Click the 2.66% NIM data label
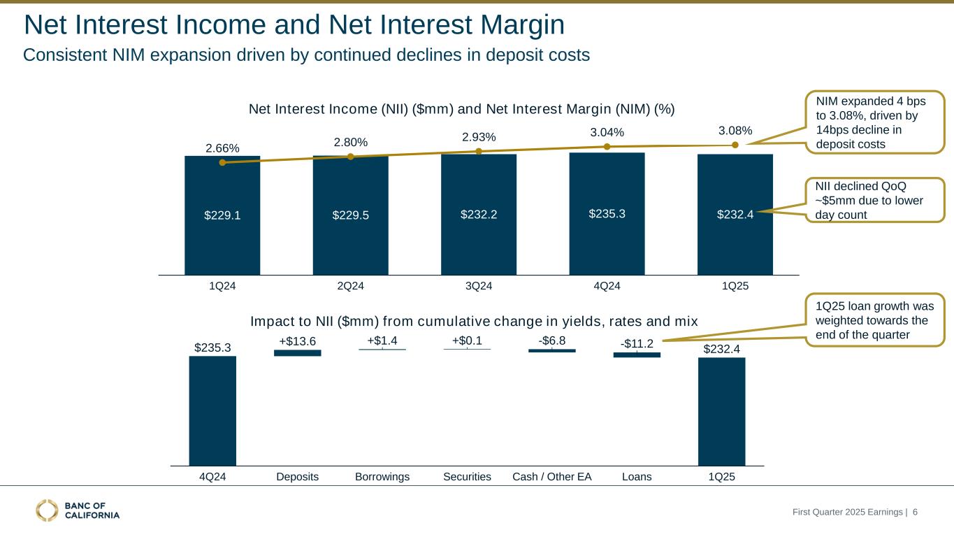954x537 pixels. tap(222, 148)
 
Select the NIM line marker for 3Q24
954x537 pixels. tap(479, 151)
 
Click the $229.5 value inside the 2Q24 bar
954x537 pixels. tap(350, 215)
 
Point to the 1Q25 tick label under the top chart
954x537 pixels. tap(735, 286)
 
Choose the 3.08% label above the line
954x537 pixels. tap(735, 131)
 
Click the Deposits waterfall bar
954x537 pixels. tap(297, 353)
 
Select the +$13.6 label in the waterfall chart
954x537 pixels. tap(298, 341)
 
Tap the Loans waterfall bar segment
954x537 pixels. tap(637, 355)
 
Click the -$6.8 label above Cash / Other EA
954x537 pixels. tap(551, 341)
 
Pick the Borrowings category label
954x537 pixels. tap(382, 477)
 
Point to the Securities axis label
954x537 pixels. tap(467, 477)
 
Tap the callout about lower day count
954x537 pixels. tap(874, 199)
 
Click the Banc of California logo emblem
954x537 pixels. tap(48, 510)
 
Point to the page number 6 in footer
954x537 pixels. tap(915, 513)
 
